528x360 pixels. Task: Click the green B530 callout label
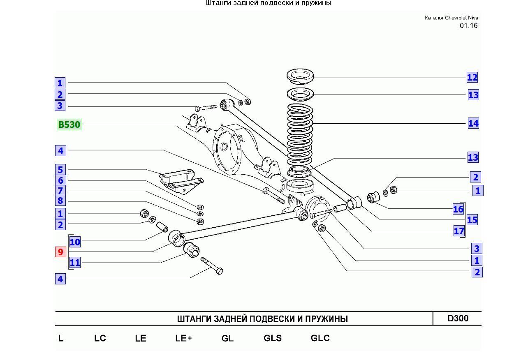(69, 125)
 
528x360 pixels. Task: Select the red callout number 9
(60, 252)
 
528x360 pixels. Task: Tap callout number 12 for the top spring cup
(472, 77)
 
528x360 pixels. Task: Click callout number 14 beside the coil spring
(473, 123)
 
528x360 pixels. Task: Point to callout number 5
(60, 170)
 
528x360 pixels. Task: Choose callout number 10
(75, 242)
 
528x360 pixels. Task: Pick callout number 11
(75, 263)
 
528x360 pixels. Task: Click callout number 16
(458, 209)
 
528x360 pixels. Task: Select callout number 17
(459, 231)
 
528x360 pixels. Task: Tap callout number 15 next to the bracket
(472, 220)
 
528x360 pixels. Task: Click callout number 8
(60, 201)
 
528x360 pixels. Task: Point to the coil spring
(300, 135)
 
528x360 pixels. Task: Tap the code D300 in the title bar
(458, 318)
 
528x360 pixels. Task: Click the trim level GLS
(273, 338)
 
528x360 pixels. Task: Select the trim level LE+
(184, 338)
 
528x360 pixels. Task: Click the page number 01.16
(469, 25)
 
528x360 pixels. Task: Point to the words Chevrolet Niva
(461, 18)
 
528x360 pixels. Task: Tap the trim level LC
(100, 338)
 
